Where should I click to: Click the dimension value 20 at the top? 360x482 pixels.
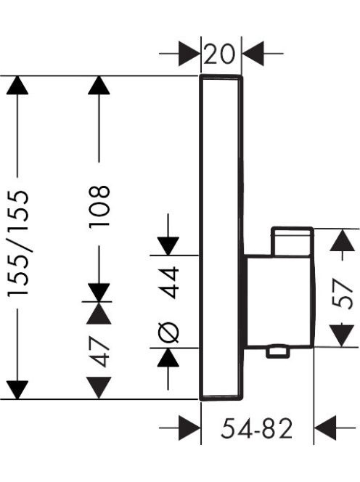point(219,54)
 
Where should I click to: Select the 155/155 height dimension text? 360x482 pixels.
point(18,243)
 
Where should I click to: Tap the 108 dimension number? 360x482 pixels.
point(99,206)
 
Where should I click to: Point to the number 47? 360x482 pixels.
point(99,351)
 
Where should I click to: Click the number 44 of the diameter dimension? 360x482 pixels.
point(169,282)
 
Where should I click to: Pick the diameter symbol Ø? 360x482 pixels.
point(169,332)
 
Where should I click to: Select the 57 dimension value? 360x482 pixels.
point(342,293)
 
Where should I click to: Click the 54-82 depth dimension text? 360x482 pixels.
point(256,429)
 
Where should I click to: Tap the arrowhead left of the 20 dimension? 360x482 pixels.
point(189,54)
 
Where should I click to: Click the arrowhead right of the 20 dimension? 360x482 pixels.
point(253,54)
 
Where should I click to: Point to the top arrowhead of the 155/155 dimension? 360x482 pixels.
point(17,85)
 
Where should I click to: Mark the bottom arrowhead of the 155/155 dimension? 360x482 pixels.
point(17,390)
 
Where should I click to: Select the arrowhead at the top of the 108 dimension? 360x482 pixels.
point(99,85)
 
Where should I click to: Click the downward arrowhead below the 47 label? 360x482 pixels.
point(99,388)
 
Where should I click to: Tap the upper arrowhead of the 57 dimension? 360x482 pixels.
point(342,240)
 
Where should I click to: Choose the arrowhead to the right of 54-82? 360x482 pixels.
point(325,428)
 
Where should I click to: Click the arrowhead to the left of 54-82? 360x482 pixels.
point(189,428)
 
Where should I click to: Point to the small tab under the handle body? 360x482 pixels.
point(278,351)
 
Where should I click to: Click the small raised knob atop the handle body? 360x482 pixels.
point(292,241)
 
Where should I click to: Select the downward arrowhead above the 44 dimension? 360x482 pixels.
point(168,246)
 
